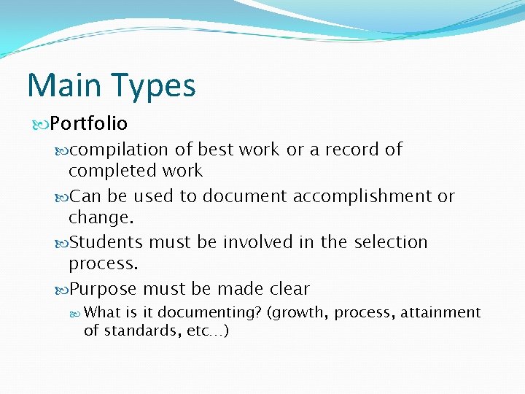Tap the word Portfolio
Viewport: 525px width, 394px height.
pos(89,124)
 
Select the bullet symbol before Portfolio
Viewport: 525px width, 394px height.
pos(41,124)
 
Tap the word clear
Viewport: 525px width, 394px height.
pos(289,289)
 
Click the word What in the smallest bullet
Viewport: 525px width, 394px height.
pos(102,312)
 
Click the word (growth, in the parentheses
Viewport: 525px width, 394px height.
pos(298,313)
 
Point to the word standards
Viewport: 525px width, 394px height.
pos(135,331)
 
